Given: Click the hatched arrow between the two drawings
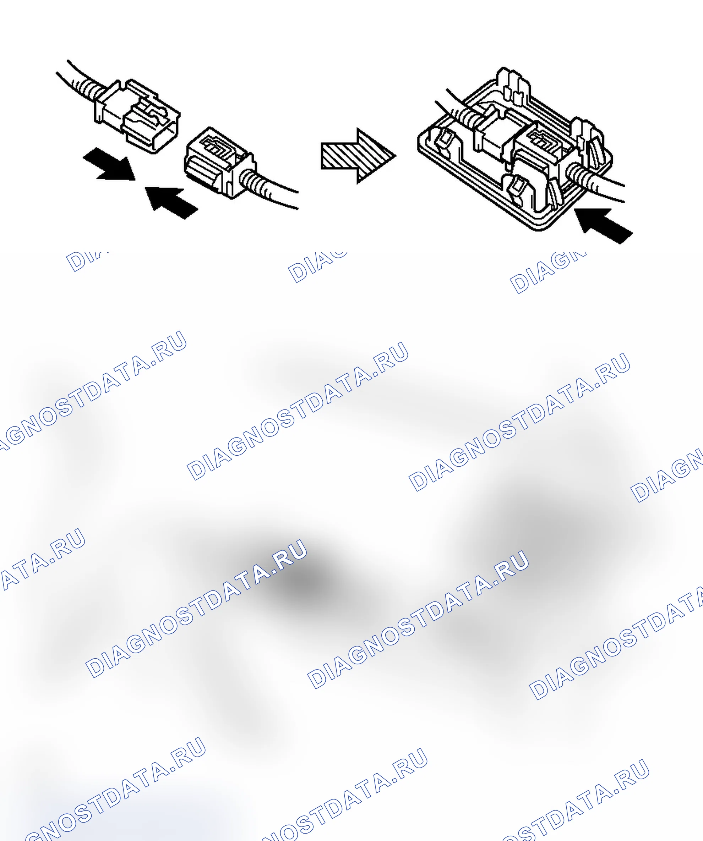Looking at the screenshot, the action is coord(358,156).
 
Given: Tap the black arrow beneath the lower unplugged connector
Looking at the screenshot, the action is coord(171,202).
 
